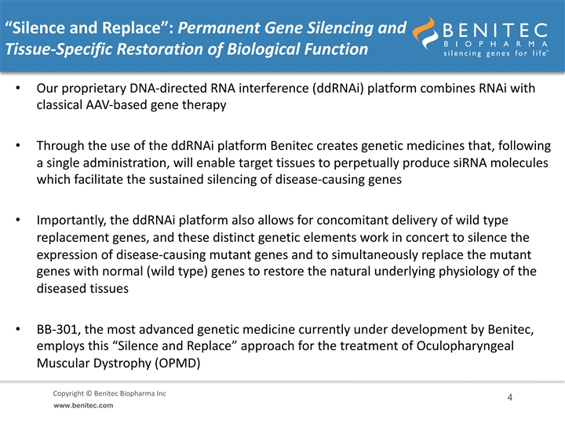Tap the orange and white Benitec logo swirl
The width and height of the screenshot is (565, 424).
click(425, 32)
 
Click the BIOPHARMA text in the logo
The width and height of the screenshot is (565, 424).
click(495, 44)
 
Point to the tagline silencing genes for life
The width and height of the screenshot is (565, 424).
click(496, 53)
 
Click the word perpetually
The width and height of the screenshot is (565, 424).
click(366, 163)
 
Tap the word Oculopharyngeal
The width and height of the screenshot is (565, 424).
click(465, 346)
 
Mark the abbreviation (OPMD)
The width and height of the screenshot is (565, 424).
click(177, 363)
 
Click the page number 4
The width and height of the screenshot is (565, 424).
click(509, 397)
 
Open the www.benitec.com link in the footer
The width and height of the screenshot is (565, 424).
click(83, 406)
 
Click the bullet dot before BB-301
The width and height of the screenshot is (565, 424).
click(18, 329)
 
